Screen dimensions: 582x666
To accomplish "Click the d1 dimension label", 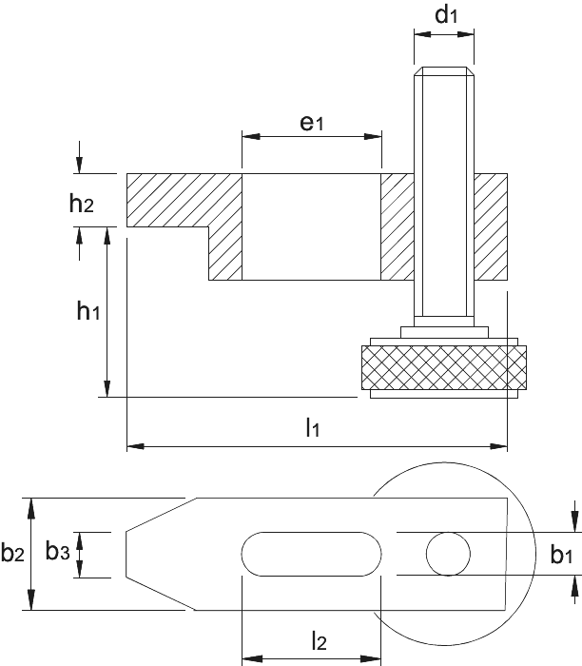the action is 446,15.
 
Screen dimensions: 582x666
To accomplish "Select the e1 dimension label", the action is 312,123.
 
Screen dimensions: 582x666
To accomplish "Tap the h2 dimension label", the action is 81,203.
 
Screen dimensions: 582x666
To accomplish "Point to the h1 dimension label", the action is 88,310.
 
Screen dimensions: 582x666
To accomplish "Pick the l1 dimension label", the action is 313,427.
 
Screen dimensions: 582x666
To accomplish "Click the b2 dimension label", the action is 12,553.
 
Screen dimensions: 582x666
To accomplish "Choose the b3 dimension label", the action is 57,551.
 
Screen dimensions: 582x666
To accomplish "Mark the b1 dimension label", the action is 561,555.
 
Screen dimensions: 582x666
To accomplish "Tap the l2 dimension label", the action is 319,641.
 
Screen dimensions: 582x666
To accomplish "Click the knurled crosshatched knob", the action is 444,367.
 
